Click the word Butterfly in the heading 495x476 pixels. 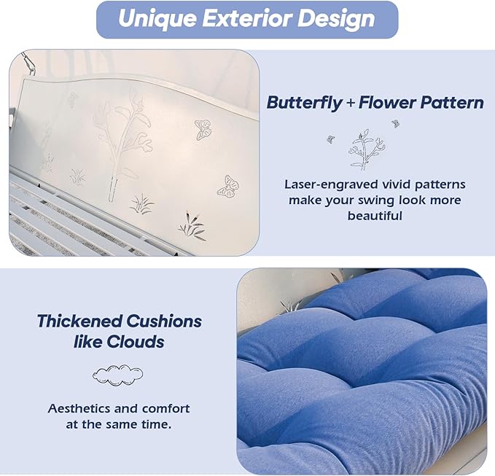tap(304, 103)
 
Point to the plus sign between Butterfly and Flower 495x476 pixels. tap(350, 104)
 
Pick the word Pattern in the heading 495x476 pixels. tap(452, 103)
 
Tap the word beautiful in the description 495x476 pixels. tap(375, 216)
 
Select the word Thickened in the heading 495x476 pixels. tap(79, 321)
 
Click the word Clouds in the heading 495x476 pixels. tap(135, 342)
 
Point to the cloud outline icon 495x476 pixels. tap(117, 375)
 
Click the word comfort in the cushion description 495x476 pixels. tap(166, 408)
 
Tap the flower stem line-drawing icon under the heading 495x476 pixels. tap(365, 149)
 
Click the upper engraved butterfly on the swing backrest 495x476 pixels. tap(203, 130)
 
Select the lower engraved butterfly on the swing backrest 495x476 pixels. tap(228, 187)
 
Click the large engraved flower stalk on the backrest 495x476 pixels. tap(123, 144)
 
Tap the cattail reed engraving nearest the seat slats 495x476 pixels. tap(192, 225)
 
